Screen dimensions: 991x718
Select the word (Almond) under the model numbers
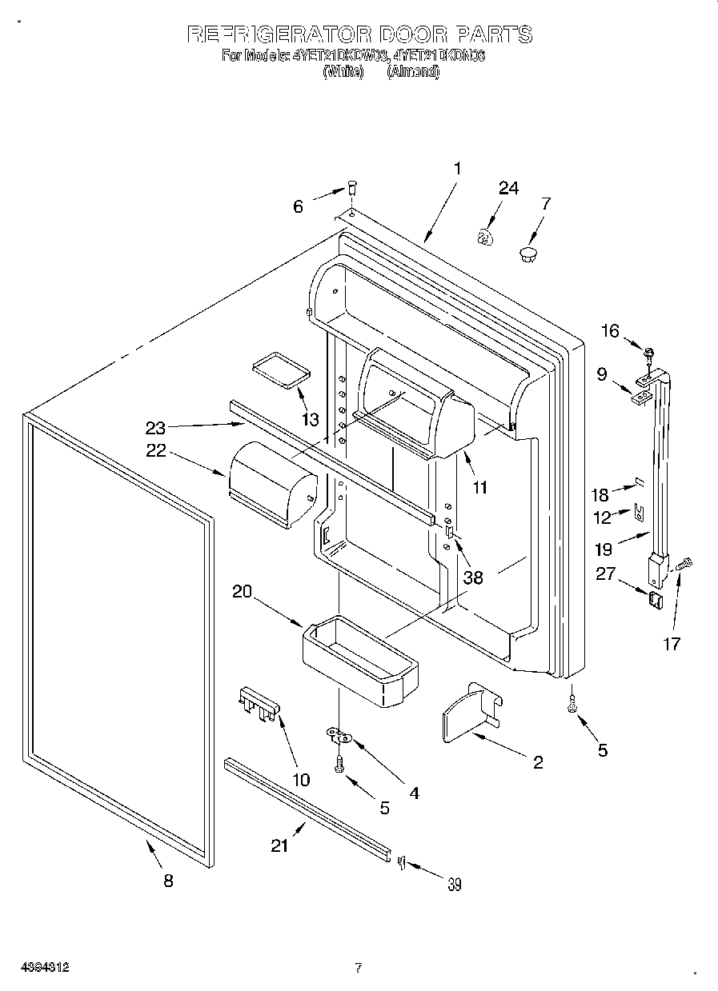pos(413,71)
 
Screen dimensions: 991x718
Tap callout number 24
pos(508,188)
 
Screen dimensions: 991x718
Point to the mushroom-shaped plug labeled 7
pos(527,254)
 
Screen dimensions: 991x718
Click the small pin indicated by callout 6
pos(351,190)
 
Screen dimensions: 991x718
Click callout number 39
pos(454,884)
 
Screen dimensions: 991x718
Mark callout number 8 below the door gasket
pos(167,881)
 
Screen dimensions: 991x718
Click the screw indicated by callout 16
pos(648,350)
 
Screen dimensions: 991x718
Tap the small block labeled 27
pos(656,600)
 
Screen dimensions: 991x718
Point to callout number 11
pos(479,486)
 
